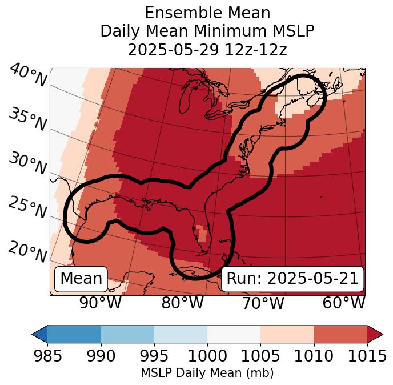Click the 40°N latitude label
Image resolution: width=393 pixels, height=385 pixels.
coord(27,76)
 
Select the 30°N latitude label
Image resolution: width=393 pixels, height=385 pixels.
coord(27,163)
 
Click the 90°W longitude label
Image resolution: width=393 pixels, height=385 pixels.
coord(100,303)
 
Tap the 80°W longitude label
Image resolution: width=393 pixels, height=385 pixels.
coord(182,303)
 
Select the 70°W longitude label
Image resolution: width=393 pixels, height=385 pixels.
coord(263,303)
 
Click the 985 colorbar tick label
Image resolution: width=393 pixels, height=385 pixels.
coord(47,356)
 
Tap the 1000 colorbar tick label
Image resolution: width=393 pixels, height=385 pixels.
coord(207,356)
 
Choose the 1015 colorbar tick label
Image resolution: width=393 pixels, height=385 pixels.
coord(367,356)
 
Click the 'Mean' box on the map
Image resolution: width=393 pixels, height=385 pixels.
coord(81,279)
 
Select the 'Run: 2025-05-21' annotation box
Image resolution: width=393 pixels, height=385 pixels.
coord(292,279)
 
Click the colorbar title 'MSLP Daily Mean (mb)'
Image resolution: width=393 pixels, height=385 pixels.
coord(207,374)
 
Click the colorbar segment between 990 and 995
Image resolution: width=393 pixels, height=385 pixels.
coord(127,334)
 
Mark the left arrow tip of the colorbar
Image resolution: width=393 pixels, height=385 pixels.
coord(34,334)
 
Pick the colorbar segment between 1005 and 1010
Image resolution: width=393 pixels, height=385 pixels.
coord(287,334)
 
